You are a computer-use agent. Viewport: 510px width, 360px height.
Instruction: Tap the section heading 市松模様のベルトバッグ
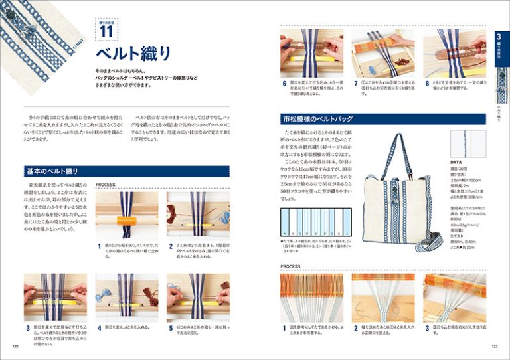point(317,119)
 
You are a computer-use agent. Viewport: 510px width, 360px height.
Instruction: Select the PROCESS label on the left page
point(107,185)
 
